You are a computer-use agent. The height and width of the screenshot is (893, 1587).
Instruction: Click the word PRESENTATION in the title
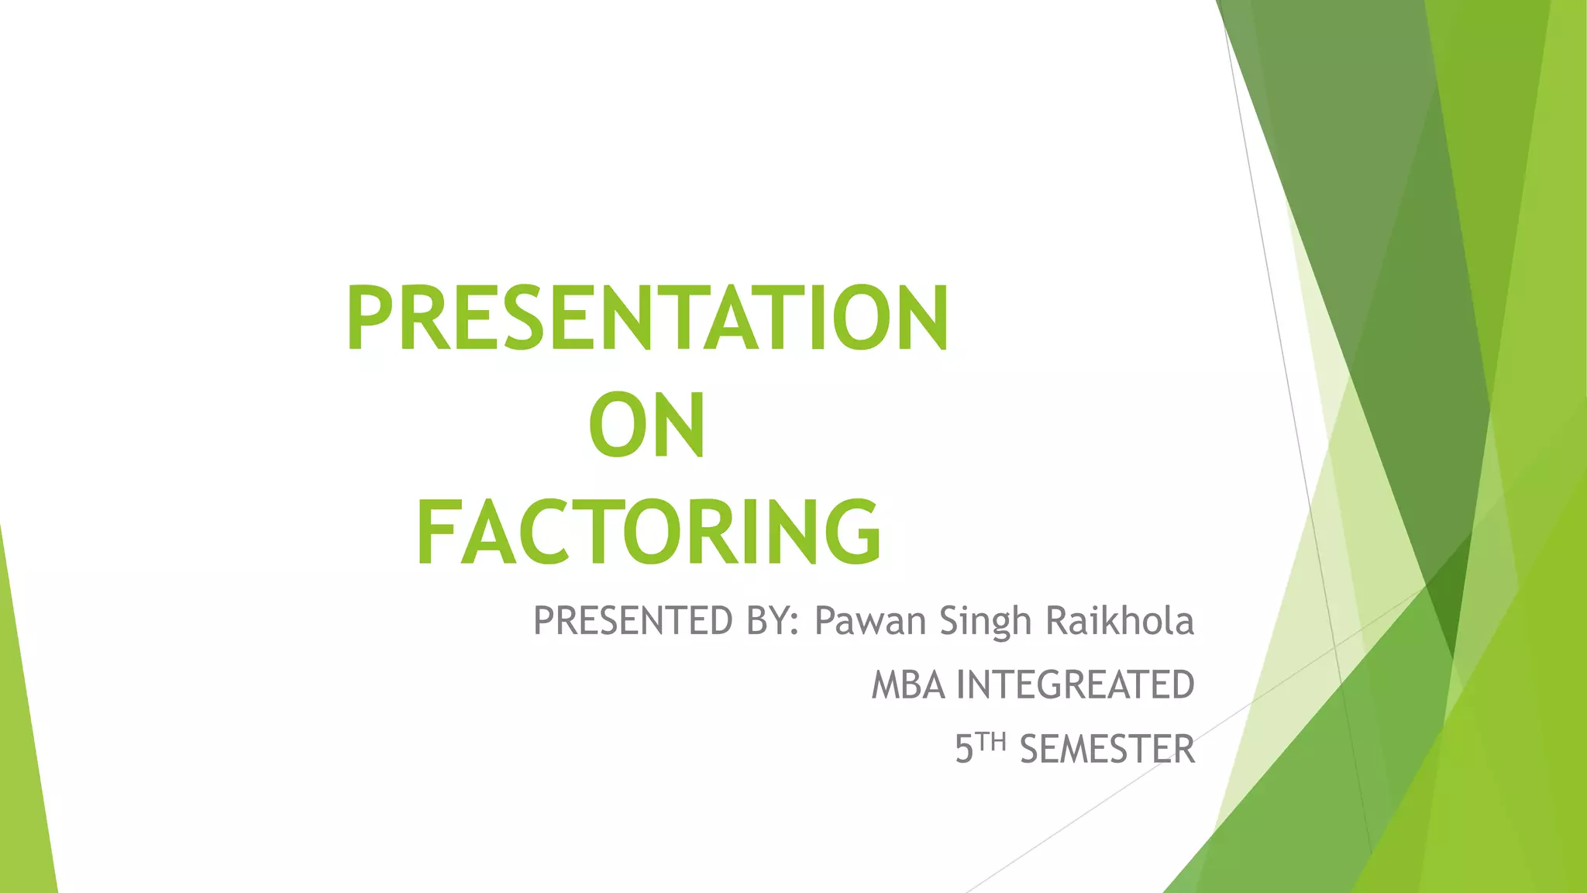(647, 318)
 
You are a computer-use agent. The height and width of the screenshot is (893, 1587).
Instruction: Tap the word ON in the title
(647, 425)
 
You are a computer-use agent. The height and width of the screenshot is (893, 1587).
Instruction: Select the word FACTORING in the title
(649, 533)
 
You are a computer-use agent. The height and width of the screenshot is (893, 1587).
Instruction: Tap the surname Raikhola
(1120, 621)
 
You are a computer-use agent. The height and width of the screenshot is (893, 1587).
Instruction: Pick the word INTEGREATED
(1076, 685)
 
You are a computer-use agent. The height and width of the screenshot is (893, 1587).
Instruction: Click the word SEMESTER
(1107, 750)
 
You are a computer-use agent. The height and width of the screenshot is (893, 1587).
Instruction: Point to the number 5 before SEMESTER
(964, 750)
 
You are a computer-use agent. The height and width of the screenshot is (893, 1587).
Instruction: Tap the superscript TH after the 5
(991, 742)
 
